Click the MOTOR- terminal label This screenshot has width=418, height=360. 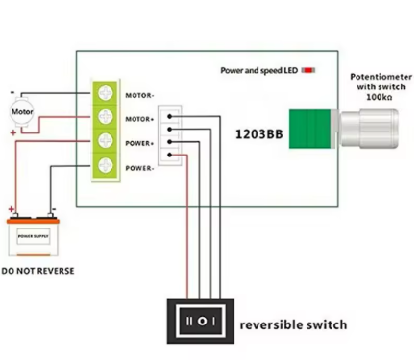pyautogui.click(x=140, y=95)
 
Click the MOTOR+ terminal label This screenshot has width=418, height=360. pyautogui.click(x=140, y=119)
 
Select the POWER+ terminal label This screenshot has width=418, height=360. pyautogui.click(x=140, y=143)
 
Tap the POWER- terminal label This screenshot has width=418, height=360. pyautogui.click(x=140, y=168)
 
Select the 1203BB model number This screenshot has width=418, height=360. pyautogui.click(x=257, y=134)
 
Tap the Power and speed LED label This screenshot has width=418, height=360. pyautogui.click(x=258, y=70)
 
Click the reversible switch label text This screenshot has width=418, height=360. pyautogui.click(x=292, y=324)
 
